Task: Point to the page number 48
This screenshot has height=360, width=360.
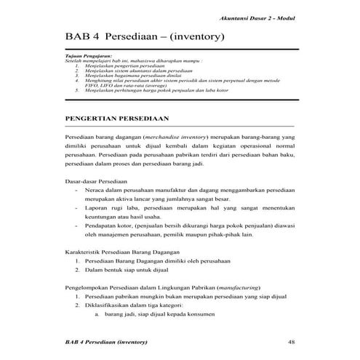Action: [291, 342]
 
